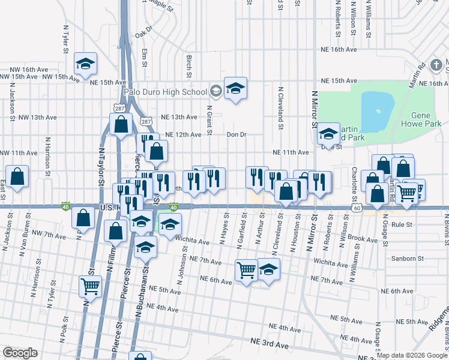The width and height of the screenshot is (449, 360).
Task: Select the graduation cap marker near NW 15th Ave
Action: (86, 64)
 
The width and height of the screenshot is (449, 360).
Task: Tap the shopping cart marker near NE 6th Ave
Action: (246, 271)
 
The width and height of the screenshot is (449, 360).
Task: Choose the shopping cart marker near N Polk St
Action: (90, 287)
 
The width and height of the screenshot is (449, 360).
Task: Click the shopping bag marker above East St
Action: (18, 176)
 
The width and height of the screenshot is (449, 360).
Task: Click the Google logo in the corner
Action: (20, 352)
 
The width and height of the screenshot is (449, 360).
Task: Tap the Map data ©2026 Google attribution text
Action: (412, 355)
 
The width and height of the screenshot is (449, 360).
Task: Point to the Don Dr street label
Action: (237, 135)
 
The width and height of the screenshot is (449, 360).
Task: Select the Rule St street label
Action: (401, 224)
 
